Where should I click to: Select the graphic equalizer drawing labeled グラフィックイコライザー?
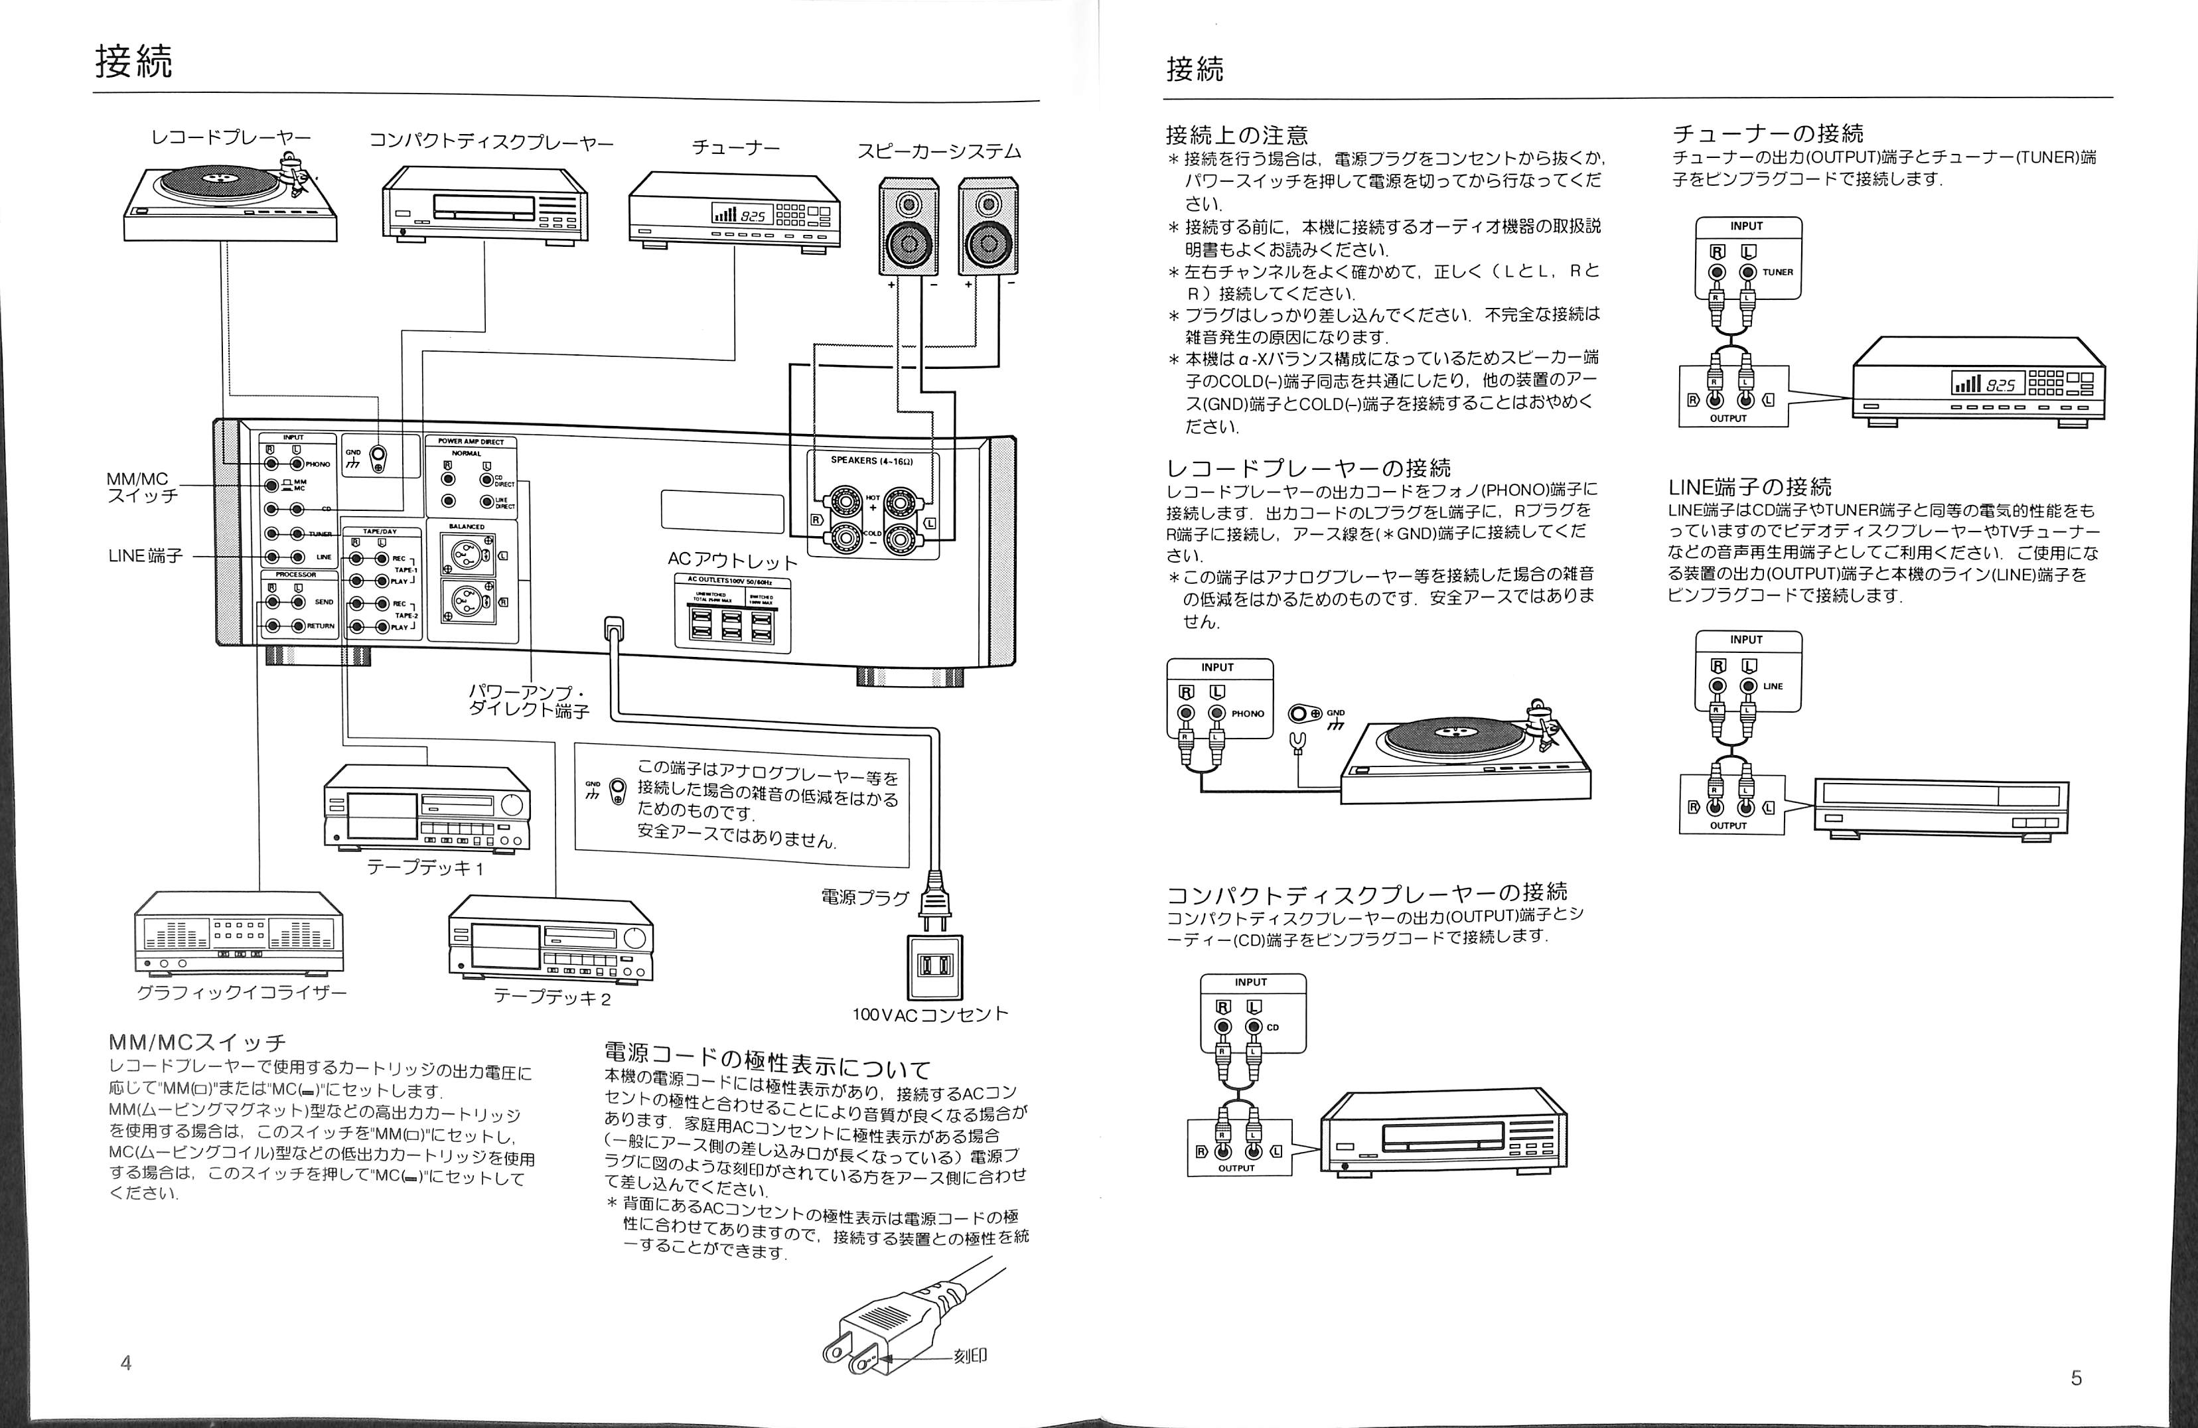[x=238, y=932]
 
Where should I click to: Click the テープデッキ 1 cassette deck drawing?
[x=427, y=806]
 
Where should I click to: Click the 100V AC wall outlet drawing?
[x=934, y=966]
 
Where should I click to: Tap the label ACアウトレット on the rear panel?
[x=733, y=561]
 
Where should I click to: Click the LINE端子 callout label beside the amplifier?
[x=145, y=556]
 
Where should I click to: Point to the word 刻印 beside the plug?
[x=971, y=1356]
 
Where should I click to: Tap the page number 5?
[x=2076, y=1378]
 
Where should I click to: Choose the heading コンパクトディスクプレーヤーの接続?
[x=1367, y=893]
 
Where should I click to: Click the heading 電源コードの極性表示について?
[x=767, y=1060]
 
